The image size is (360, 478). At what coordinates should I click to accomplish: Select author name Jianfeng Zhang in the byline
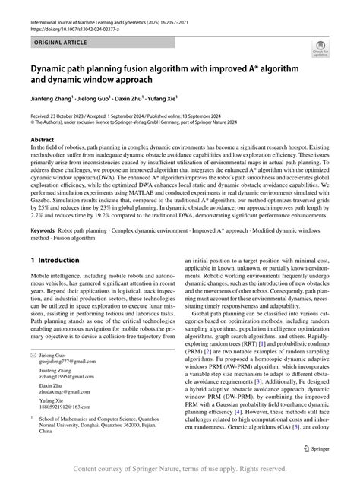click(54, 99)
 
